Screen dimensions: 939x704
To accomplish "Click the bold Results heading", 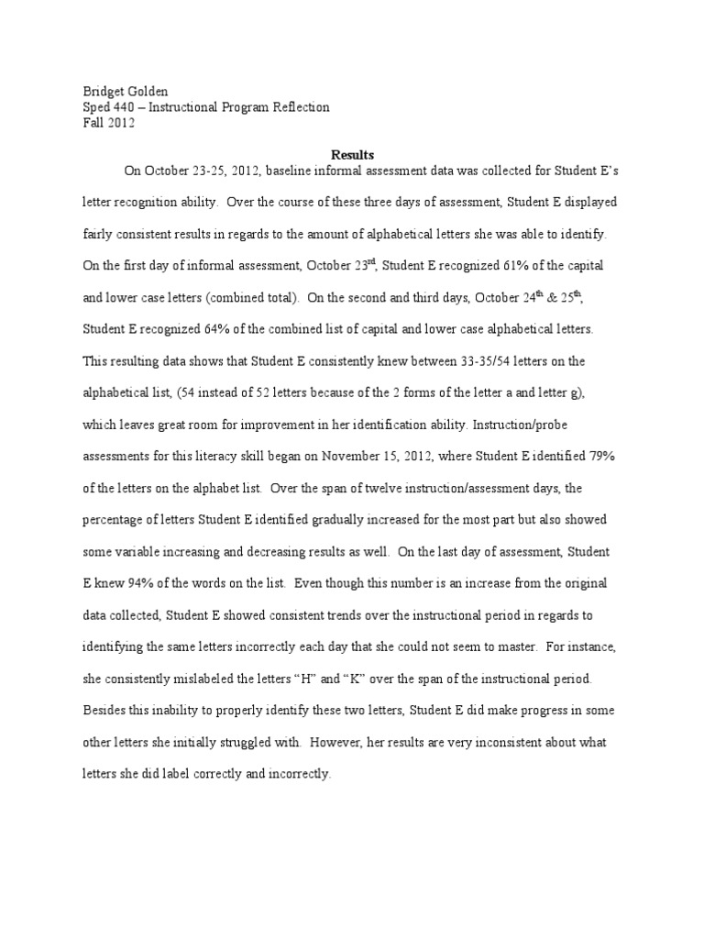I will (352, 155).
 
